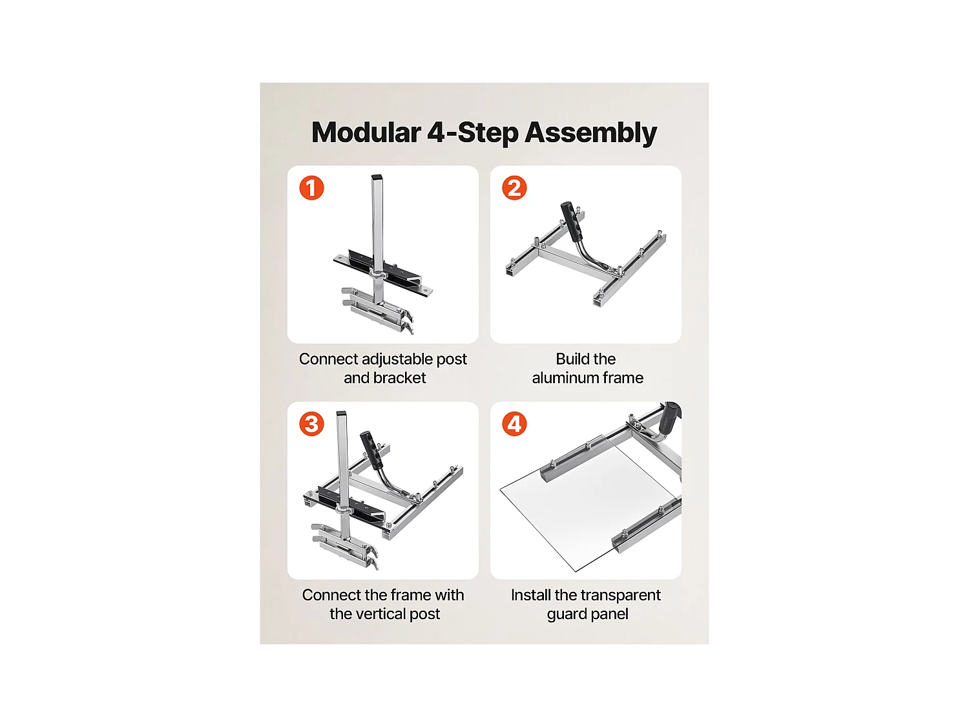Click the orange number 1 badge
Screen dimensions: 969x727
(311, 188)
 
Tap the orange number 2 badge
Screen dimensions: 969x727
(514, 188)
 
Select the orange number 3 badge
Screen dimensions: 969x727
(311, 424)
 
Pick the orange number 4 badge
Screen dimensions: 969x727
(514, 424)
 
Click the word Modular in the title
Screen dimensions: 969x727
(366, 132)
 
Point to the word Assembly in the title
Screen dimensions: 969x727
(591, 133)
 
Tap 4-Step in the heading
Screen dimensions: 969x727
(473, 133)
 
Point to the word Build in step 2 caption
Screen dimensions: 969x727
(570, 359)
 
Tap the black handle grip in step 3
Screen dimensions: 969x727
(371, 450)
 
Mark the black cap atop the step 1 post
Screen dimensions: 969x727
(377, 178)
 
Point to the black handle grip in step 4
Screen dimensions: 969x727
(670, 417)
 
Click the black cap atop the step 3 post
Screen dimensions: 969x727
(342, 414)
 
